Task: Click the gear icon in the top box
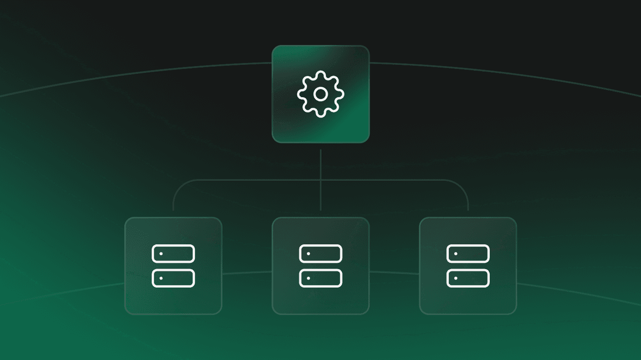click(320, 94)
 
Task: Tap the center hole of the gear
click(320, 94)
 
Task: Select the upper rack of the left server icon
click(173, 254)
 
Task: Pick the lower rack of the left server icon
click(173, 278)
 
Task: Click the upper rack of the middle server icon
click(320, 254)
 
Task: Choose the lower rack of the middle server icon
click(320, 278)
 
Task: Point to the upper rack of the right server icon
click(468, 254)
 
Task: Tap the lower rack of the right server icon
click(468, 278)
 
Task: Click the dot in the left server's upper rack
click(161, 254)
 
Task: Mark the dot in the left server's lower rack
click(161, 278)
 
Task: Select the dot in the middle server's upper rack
click(308, 254)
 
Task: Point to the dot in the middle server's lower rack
click(308, 278)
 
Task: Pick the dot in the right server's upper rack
click(456, 254)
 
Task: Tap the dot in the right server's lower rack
click(456, 278)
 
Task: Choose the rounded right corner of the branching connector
click(464, 184)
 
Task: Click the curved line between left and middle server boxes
click(247, 272)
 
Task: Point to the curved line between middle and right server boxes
click(394, 272)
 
